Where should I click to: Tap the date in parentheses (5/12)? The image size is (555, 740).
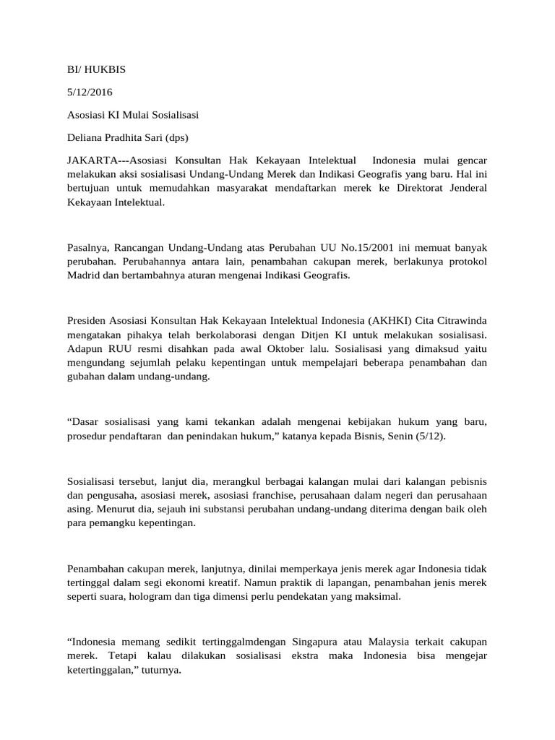(x=431, y=437)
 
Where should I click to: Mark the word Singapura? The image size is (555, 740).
(x=320, y=641)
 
